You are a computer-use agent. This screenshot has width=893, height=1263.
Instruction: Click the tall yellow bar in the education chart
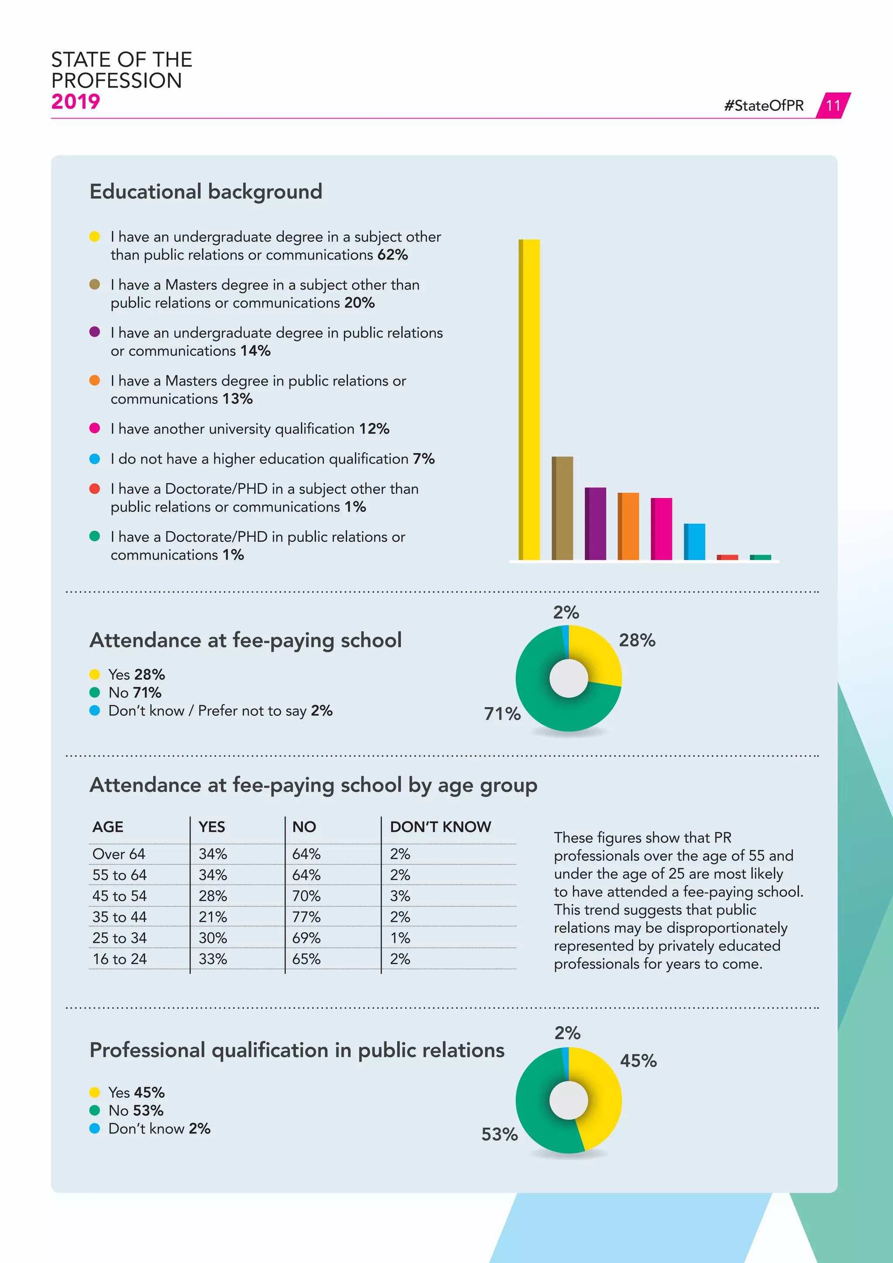click(x=529, y=399)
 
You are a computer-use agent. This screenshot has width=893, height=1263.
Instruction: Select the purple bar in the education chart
click(x=596, y=524)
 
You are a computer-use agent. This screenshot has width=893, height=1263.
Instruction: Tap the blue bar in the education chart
click(x=695, y=542)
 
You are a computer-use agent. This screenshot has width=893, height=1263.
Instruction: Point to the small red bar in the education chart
click(x=727, y=557)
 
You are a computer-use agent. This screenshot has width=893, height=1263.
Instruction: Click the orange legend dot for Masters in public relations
click(x=95, y=381)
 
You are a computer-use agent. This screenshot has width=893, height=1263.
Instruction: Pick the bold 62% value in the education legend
click(x=392, y=255)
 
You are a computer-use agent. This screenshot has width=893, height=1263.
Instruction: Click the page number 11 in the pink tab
click(x=833, y=106)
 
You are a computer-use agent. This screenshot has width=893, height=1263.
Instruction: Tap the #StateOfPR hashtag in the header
click(x=764, y=106)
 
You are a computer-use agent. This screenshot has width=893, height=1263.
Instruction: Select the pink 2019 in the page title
click(x=75, y=102)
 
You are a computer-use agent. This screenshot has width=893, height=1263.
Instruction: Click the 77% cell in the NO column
click(x=306, y=917)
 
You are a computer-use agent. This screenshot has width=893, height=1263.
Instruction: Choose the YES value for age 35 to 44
click(x=213, y=917)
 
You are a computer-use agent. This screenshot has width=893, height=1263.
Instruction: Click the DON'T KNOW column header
click(x=440, y=827)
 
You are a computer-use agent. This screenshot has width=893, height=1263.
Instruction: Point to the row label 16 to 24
click(x=119, y=959)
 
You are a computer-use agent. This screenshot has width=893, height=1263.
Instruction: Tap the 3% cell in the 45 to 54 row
click(x=400, y=896)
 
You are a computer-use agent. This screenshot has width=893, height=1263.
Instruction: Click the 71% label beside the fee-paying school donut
click(x=502, y=714)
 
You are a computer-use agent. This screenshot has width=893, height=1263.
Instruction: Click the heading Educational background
click(x=206, y=192)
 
